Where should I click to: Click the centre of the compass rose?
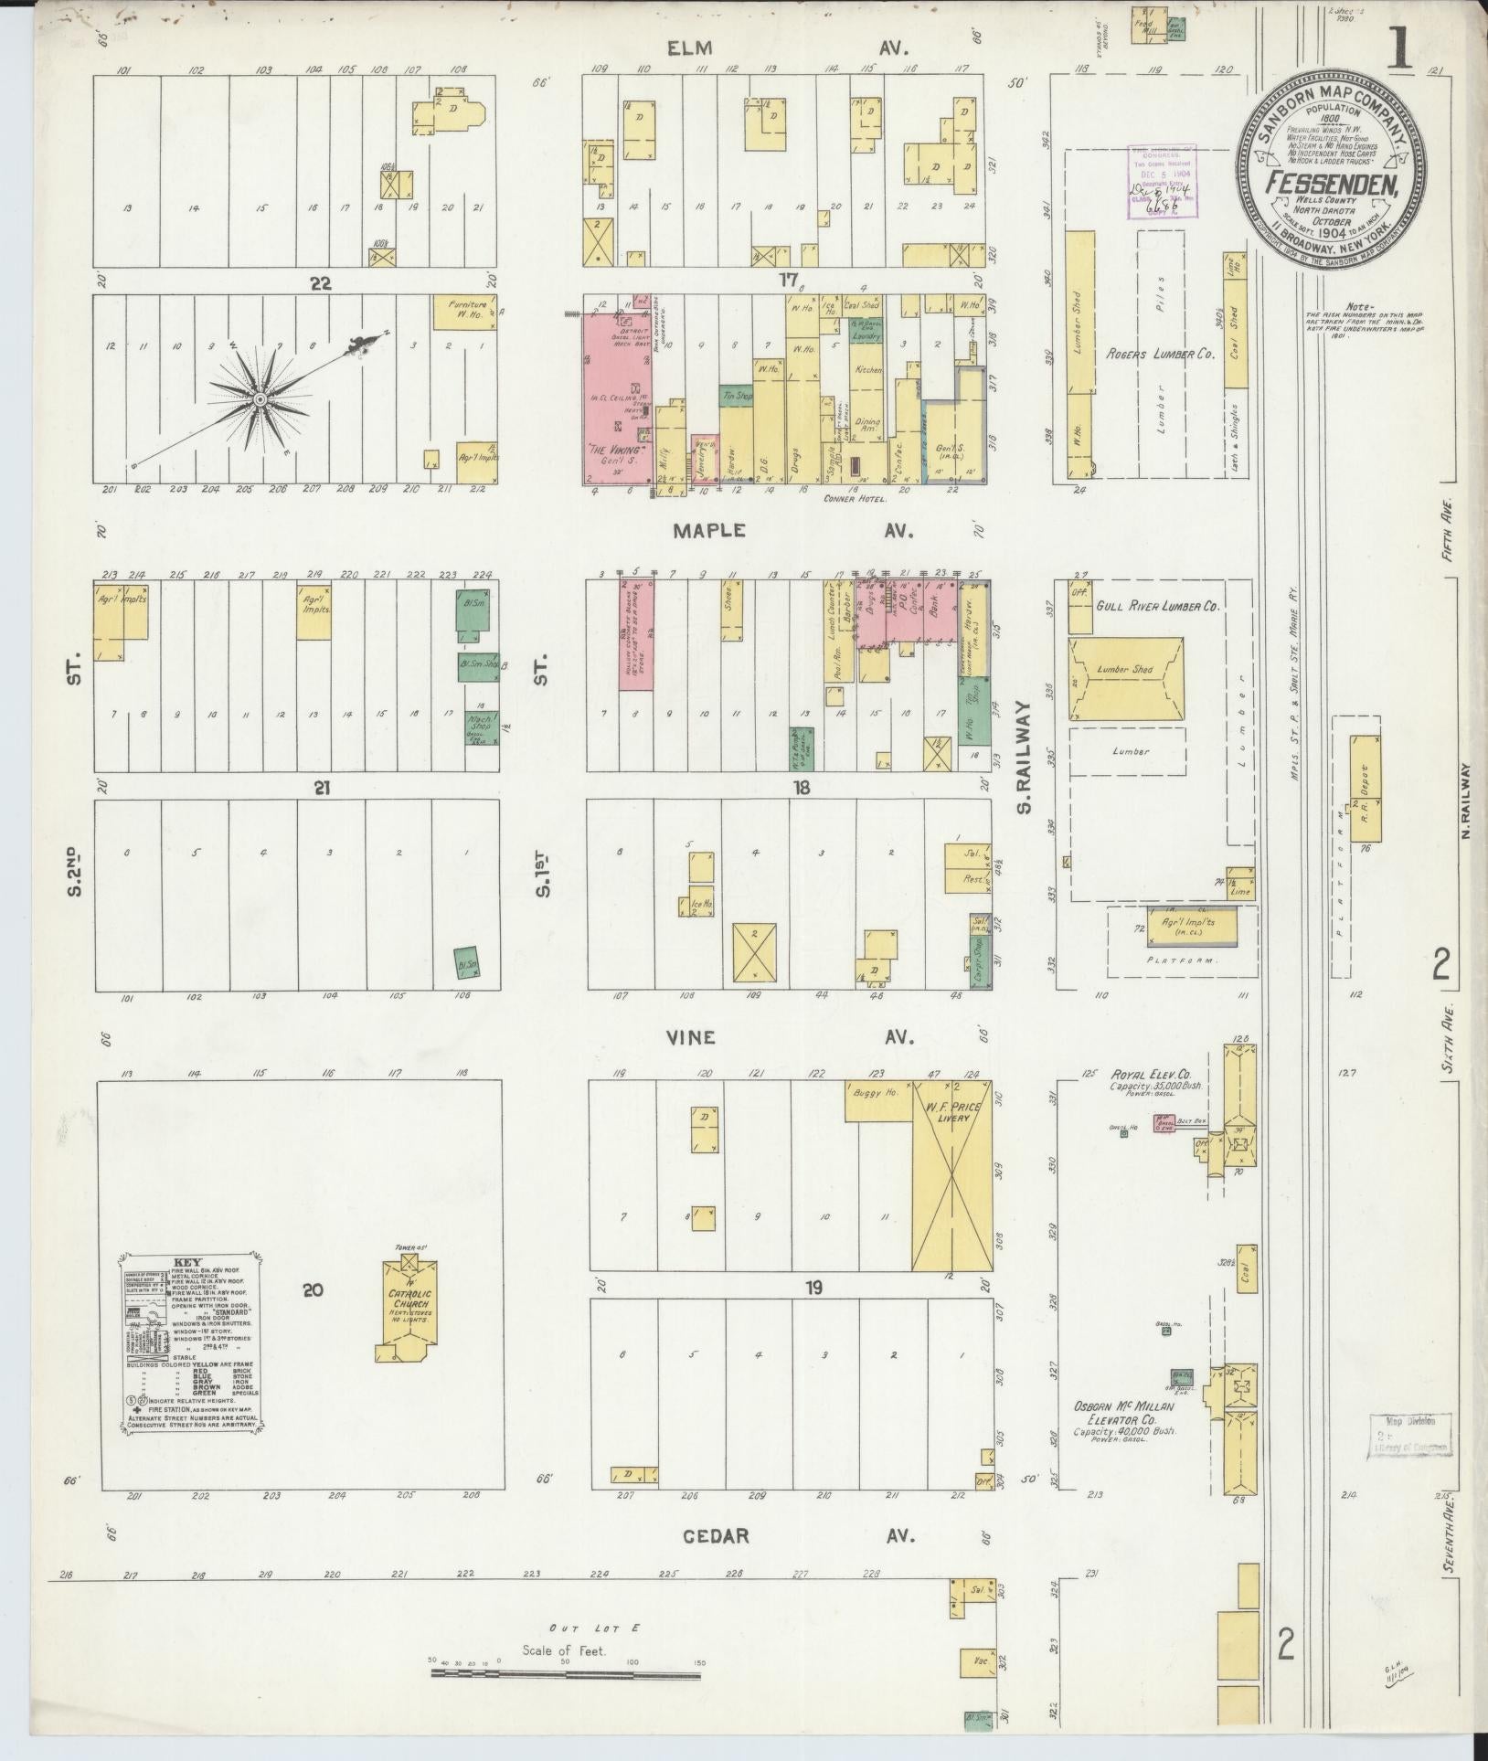pyautogui.click(x=260, y=400)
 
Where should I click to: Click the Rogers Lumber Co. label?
pyautogui.click(x=1161, y=354)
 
